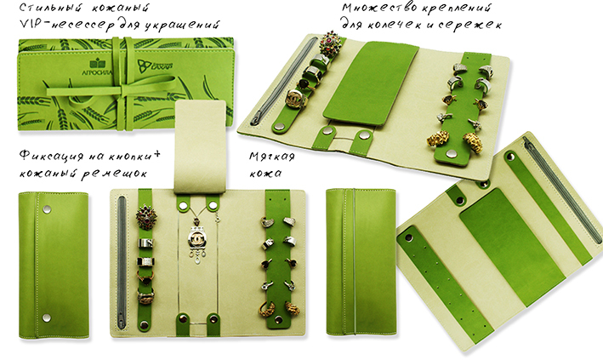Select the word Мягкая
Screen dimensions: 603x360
[272, 157]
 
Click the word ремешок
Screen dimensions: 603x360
[114, 174]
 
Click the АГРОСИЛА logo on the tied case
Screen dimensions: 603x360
[97, 68]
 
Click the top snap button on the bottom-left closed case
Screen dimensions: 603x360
[47, 209]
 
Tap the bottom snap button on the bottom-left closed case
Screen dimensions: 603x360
[47, 317]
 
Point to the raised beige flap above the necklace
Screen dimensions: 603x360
[200, 146]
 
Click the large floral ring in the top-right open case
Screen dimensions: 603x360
[330, 43]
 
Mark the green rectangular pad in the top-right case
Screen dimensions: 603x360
[371, 83]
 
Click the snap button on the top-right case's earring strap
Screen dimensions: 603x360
[451, 154]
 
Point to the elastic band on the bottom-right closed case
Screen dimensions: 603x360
[354, 262]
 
